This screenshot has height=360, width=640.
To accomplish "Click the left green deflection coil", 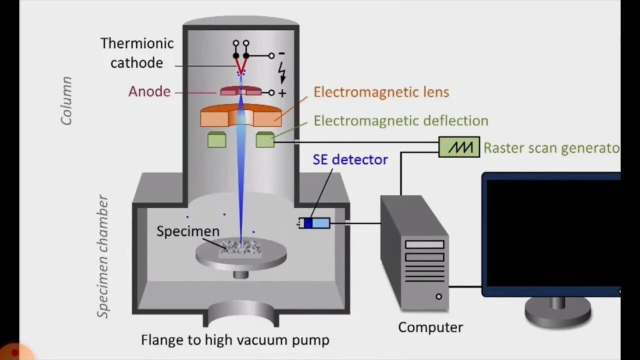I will coord(216,139).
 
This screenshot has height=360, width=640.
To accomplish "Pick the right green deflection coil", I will coord(265,139).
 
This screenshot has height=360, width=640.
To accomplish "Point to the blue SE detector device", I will coord(314,223).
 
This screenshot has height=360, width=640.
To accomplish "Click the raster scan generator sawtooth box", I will coord(459,147).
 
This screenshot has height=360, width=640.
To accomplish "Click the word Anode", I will coord(149,91).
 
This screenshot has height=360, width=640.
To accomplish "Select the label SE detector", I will coord(350,159).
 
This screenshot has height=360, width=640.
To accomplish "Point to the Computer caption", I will coord(430,327).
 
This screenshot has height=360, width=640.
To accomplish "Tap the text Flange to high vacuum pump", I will coord(235,340).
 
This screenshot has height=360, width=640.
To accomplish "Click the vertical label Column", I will coord(66,100).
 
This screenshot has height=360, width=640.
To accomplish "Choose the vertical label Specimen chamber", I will coord(103,256).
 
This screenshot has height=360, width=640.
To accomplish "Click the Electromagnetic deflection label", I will coord(400,121).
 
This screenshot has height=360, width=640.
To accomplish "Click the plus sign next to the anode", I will coord(282,93).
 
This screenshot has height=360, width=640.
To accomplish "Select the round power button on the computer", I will coord(438,296).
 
